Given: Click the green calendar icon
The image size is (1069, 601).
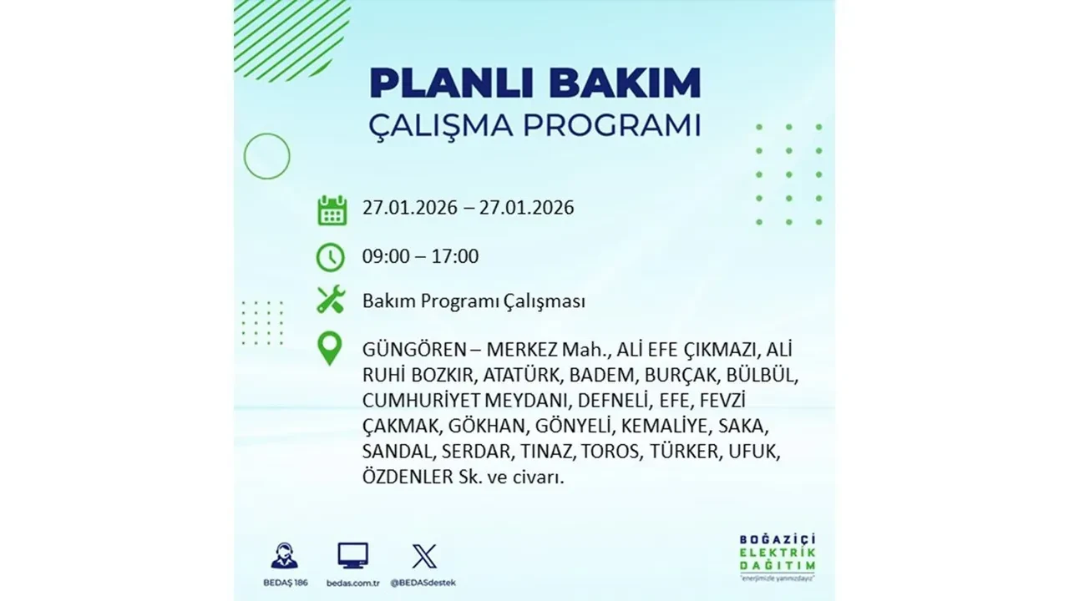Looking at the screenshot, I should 332,210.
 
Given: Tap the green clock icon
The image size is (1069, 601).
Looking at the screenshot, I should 331,257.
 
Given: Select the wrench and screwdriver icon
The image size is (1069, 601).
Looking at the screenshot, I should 331,300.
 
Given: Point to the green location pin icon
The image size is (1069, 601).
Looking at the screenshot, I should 331,349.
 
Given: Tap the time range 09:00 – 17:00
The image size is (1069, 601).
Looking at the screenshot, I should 420,256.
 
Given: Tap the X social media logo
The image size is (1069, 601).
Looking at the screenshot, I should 424,556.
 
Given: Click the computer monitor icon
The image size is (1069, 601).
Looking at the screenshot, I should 352,556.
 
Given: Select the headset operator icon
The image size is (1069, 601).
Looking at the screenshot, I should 284,556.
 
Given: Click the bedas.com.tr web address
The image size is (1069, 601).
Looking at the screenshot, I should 352,582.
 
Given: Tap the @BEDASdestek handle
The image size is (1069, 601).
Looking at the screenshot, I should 425,582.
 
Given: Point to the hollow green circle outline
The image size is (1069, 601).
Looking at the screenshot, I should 266,156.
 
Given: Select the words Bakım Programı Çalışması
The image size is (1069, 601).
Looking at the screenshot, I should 474,301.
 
